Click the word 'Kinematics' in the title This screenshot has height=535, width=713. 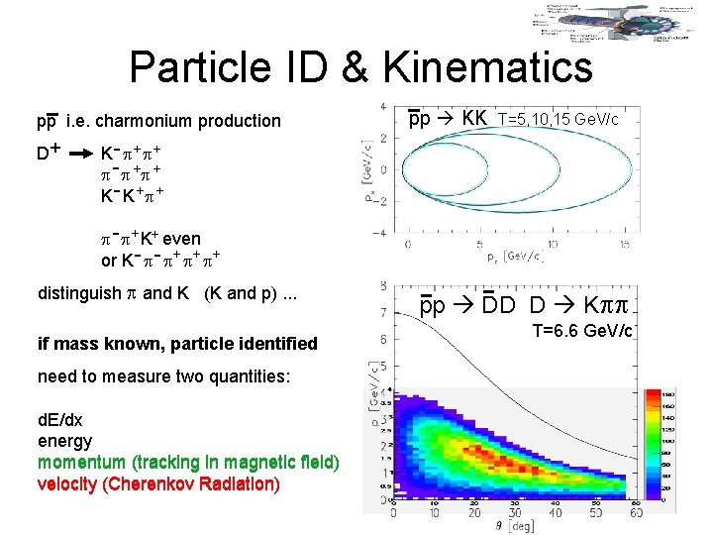point(486,67)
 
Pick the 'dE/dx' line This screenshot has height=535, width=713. point(60,422)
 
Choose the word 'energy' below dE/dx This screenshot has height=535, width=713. point(64,441)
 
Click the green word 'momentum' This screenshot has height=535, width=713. point(79,463)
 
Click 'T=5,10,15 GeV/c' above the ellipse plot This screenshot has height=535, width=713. point(558,120)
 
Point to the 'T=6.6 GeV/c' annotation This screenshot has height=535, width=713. point(581,331)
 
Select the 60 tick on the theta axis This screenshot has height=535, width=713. point(635,512)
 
